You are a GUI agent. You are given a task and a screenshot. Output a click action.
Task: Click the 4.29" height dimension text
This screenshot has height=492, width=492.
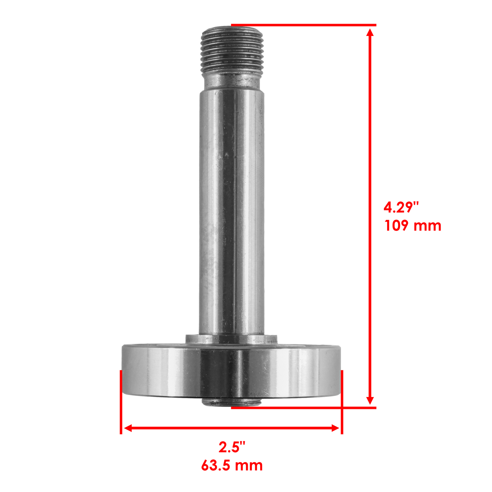tap(401, 208)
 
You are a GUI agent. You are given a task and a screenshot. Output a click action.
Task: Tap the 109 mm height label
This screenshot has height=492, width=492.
tap(413, 226)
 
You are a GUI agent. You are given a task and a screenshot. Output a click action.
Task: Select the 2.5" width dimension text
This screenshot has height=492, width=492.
tap(232, 447)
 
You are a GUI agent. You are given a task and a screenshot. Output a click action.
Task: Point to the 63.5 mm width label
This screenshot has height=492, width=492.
tap(232, 465)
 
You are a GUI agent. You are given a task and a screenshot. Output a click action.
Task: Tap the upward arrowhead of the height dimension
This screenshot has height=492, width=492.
tap(370, 33)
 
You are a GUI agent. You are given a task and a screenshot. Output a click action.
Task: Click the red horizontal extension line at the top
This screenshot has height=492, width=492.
tap(303, 25)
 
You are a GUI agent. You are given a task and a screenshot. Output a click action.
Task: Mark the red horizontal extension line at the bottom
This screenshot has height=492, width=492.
tap(303, 408)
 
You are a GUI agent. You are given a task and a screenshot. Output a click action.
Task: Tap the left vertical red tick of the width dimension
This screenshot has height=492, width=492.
tap(121, 402)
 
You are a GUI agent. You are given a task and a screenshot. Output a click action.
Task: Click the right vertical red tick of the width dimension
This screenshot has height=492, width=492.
tap(342, 402)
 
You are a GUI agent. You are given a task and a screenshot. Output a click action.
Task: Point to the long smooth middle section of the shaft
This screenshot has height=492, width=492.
tap(232, 209)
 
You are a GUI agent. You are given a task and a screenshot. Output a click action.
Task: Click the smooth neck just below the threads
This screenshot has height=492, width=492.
tap(232, 81)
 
